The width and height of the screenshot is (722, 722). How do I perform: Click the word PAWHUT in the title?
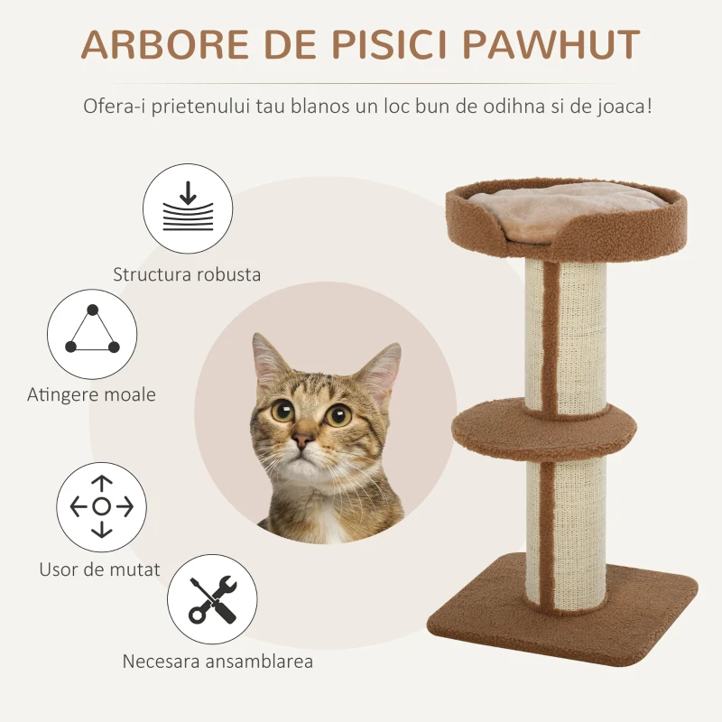[x=551, y=44]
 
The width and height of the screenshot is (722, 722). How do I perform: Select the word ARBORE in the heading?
[x=165, y=44]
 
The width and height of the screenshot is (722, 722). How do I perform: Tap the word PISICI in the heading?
[x=389, y=44]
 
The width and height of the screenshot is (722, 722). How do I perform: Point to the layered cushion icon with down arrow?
[x=188, y=208]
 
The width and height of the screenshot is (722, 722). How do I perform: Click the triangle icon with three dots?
[x=92, y=334]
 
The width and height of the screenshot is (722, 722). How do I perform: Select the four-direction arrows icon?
[x=101, y=507]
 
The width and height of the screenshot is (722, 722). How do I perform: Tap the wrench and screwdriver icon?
[x=212, y=599]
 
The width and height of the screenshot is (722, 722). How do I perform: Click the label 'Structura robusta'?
[x=187, y=274]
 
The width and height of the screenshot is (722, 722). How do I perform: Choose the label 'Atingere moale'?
[x=91, y=394]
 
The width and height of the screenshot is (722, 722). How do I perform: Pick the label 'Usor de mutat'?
[x=99, y=569]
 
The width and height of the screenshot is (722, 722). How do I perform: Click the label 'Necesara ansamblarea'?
[x=218, y=662]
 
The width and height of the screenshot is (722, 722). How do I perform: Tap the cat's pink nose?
[x=302, y=440]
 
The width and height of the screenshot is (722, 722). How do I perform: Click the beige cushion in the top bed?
[x=563, y=209]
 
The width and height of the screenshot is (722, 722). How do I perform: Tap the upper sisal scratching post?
[x=566, y=336]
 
